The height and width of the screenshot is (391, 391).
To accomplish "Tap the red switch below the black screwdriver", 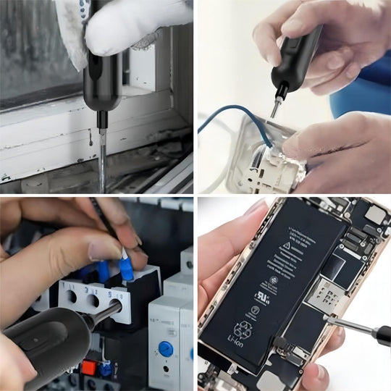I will tap(89, 367).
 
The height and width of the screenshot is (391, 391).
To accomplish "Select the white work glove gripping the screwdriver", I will tap(130, 29).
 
